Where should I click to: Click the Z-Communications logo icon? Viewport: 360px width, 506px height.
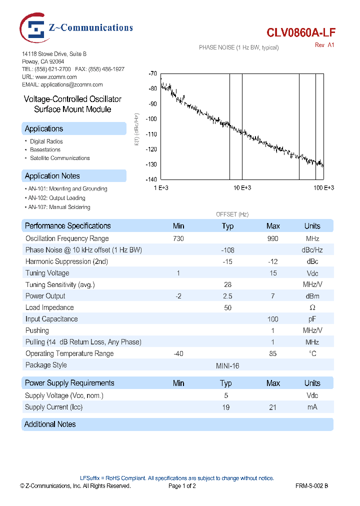click(34, 29)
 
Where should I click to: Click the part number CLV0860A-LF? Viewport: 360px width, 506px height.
click(301, 33)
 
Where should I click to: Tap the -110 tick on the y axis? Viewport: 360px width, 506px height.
click(151, 134)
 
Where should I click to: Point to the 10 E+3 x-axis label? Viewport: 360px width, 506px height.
click(242, 187)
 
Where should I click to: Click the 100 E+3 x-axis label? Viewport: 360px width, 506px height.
click(323, 187)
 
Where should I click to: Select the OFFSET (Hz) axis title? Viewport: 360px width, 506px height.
click(232, 214)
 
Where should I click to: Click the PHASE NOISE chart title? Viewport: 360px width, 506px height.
click(238, 47)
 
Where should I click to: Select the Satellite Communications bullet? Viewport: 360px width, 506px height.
click(59, 158)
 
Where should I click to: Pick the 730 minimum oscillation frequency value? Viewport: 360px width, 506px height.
click(178, 238)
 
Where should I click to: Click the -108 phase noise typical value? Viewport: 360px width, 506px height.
click(227, 250)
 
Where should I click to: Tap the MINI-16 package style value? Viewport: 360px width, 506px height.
click(227, 365)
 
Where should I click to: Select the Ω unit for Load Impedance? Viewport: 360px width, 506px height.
click(312, 307)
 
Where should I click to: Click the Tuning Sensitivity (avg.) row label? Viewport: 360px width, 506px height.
click(60, 284)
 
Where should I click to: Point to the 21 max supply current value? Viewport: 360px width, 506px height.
click(273, 407)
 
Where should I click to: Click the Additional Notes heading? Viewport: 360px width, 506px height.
click(50, 424)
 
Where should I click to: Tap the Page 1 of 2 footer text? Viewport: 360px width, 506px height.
click(182, 485)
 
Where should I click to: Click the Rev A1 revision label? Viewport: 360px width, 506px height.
click(324, 45)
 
